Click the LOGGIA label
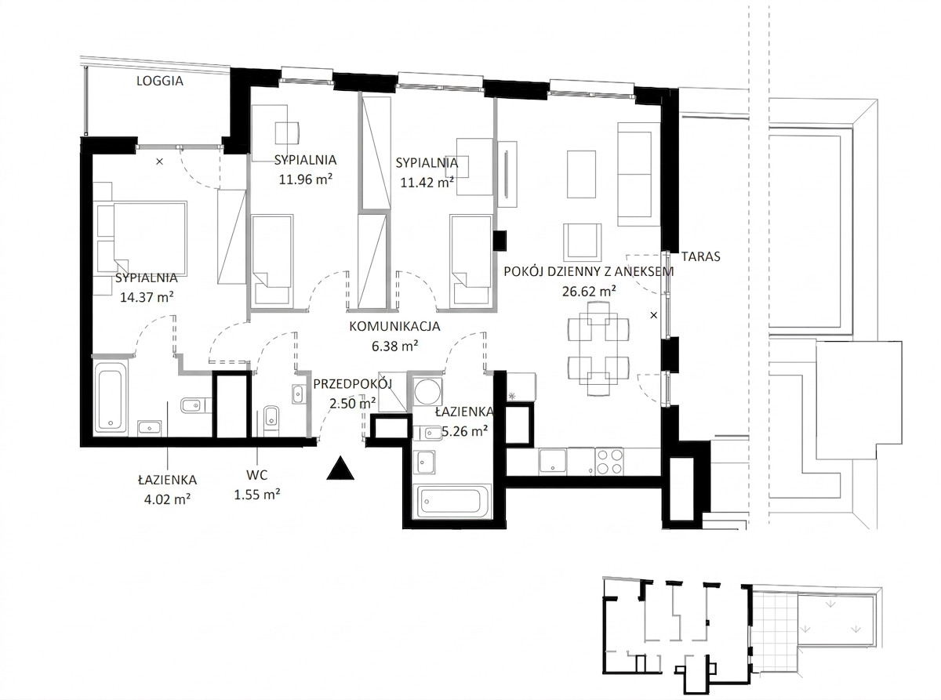[159, 81]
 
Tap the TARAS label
[700, 256]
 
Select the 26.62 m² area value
[589, 291]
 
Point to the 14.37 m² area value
[147, 296]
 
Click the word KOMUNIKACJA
[394, 326]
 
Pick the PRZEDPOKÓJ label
[353, 383]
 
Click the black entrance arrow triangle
[340, 468]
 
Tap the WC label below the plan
[256, 475]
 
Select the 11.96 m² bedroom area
[305, 179]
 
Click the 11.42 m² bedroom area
[427, 182]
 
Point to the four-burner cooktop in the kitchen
[609, 461]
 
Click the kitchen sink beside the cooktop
[552, 462]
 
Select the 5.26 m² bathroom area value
[464, 431]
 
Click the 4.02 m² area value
[167, 499]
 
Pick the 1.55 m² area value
[256, 494]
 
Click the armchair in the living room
[582, 241]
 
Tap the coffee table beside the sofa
[581, 174]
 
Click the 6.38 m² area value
[394, 346]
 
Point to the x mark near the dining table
[654, 315]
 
